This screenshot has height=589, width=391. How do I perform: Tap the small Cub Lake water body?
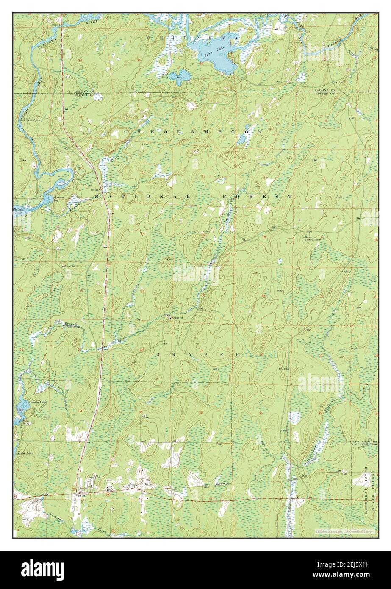point(183,77)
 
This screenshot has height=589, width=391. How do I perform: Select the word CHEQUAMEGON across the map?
point(193,132)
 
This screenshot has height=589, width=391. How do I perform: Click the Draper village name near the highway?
point(147,483)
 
